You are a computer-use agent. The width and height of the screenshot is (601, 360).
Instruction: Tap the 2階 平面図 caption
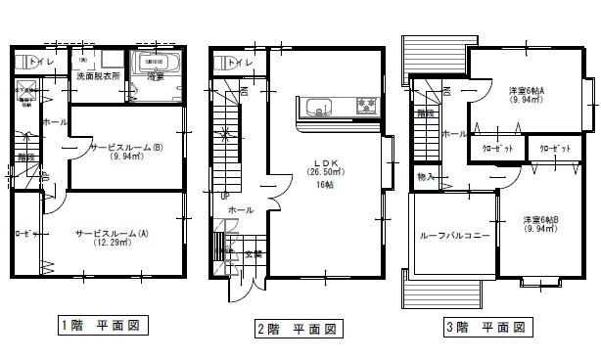[x=296, y=329]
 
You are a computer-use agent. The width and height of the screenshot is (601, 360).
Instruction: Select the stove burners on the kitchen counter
[x=367, y=105]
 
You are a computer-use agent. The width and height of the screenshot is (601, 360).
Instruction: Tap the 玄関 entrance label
[x=254, y=255]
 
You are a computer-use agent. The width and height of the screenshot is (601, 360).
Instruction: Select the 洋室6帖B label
[x=540, y=220]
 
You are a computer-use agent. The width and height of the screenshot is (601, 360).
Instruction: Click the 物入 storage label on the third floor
[x=425, y=177]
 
